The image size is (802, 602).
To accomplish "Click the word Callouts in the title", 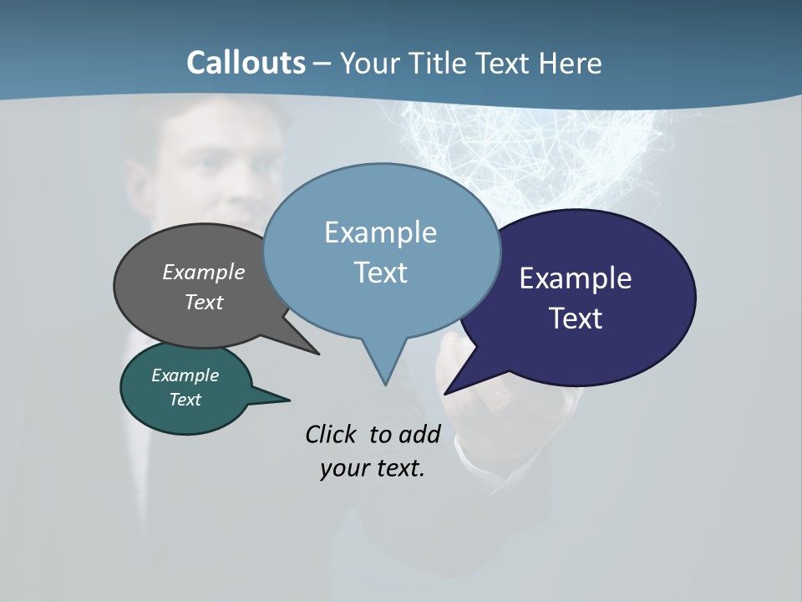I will [x=246, y=63].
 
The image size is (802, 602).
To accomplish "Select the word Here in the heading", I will [x=570, y=63].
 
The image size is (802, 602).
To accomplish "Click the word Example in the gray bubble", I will [x=204, y=272].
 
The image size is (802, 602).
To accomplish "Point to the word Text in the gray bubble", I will [x=204, y=302].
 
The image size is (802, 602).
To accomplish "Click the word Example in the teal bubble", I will [x=185, y=375].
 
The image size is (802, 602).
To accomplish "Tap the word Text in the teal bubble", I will [x=185, y=400].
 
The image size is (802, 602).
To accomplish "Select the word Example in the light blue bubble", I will [x=380, y=232].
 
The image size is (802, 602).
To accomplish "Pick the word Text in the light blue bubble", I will [x=380, y=273].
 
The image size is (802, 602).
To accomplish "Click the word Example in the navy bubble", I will [x=576, y=278].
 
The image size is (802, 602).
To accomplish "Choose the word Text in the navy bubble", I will [x=576, y=319].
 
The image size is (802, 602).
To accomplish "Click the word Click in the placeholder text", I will [x=332, y=435].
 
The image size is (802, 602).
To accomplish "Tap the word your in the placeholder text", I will [x=343, y=468].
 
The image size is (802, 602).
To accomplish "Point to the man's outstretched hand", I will [x=485, y=393].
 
